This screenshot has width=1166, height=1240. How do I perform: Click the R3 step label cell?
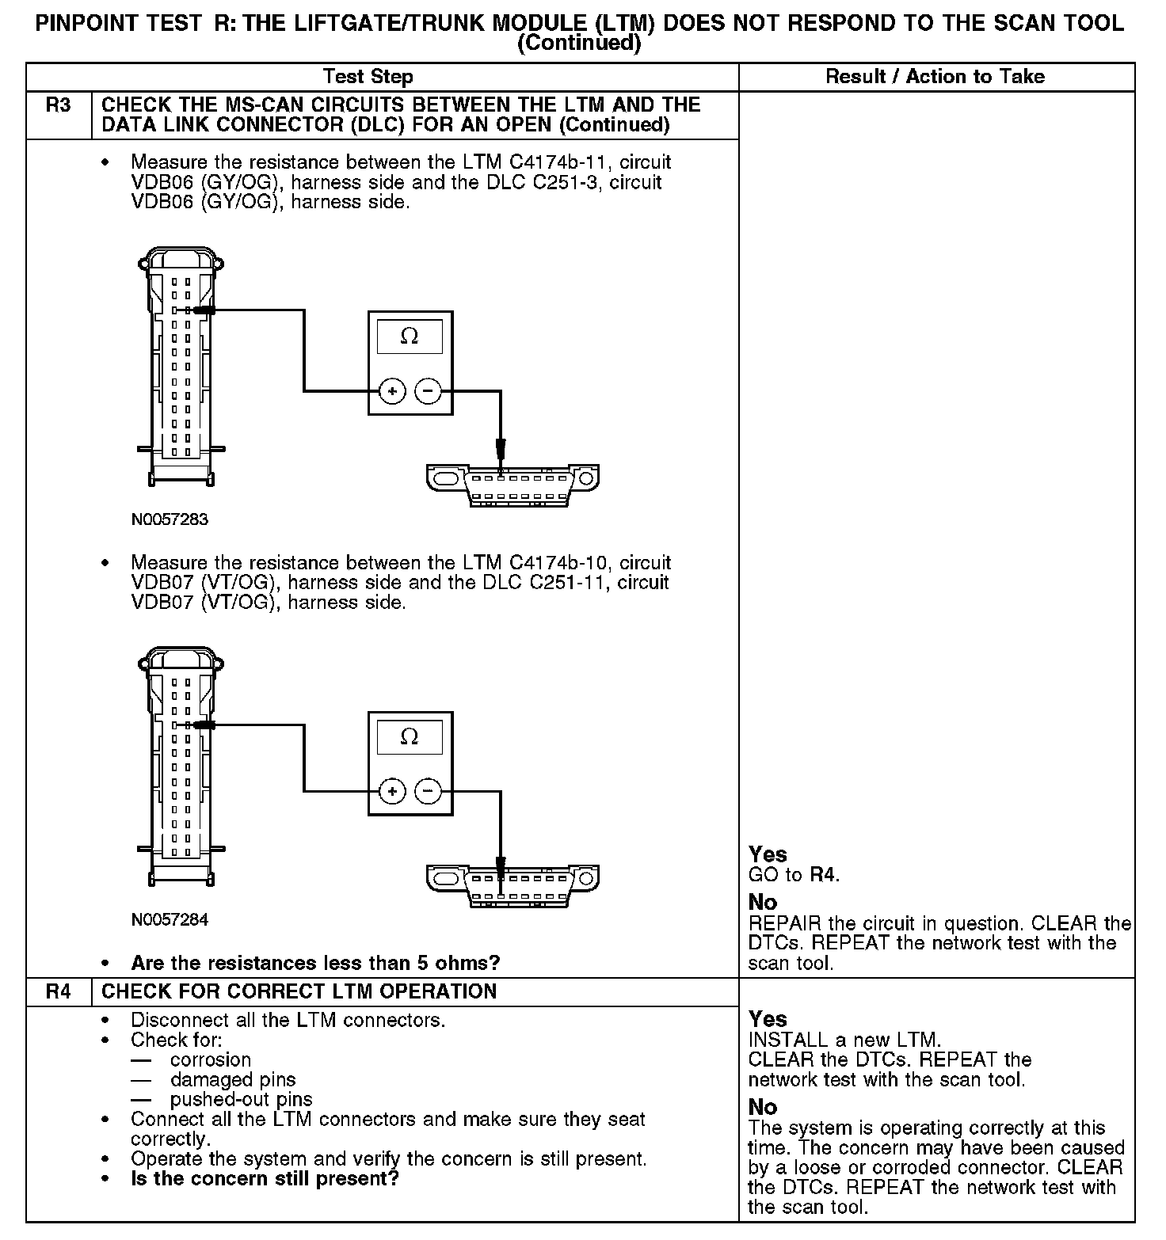coord(59,105)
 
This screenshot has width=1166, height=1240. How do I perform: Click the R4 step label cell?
coord(59,991)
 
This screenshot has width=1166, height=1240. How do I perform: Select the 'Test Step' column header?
coord(368,77)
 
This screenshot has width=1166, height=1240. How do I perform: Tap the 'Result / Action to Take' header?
coord(935,77)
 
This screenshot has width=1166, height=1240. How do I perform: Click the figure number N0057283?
coord(170,519)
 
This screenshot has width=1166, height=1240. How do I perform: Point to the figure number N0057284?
coord(170,919)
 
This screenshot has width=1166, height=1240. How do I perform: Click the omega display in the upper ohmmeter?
coord(410,337)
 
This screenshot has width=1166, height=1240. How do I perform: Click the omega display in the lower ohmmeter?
coord(410,736)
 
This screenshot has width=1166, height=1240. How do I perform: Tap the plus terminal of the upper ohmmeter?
coord(392,390)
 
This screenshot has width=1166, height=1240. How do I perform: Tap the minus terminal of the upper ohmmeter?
coord(429,390)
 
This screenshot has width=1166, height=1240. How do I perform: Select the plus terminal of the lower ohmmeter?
coord(392,790)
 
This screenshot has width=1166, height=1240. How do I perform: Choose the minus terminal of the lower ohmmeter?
coord(429,790)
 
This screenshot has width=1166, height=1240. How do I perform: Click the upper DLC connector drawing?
coord(513,485)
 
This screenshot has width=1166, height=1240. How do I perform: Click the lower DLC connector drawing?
coord(513,884)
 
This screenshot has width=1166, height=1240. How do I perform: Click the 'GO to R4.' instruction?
coord(794,875)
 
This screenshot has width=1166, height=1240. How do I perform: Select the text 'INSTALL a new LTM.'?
coord(844,1040)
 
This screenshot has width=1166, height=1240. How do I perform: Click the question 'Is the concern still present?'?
coord(265,1179)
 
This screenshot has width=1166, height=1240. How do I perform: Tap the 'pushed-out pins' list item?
coord(241,1100)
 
